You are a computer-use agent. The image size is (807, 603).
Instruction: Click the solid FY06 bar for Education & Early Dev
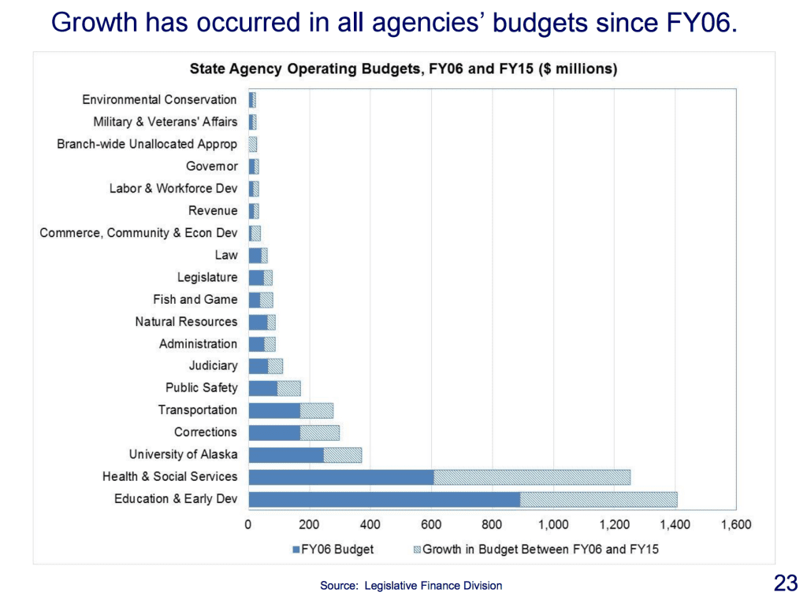384,499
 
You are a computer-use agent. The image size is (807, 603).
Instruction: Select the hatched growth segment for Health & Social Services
532,477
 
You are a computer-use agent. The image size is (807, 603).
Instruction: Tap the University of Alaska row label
183,455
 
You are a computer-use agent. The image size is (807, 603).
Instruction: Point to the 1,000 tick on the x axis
553,525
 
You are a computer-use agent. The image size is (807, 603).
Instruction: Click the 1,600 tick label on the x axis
735,525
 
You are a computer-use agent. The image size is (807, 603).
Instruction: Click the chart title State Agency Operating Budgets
403,69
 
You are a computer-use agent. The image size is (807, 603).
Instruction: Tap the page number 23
786,583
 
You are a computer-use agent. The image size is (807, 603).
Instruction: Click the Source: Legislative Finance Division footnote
411,586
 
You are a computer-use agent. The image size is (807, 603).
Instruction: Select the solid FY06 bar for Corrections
274,433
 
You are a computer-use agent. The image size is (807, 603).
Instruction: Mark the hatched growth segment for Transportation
317,411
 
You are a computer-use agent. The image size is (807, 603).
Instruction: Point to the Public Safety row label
201,388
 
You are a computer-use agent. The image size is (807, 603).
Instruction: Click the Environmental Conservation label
159,100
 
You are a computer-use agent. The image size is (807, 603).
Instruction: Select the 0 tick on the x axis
248,525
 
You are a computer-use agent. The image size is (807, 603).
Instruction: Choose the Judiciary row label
213,366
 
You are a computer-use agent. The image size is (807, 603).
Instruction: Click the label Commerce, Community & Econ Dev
138,233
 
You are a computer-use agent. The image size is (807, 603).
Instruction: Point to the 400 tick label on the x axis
370,525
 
